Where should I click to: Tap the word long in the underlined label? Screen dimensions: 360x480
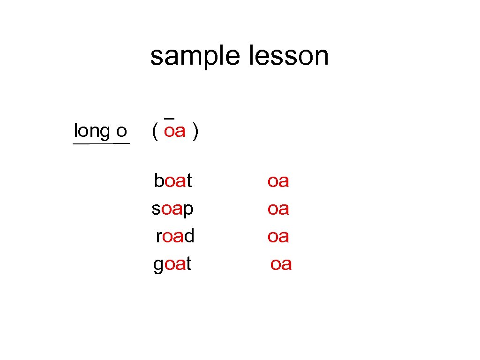tap(92, 130)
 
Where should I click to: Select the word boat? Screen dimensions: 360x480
tap(173, 180)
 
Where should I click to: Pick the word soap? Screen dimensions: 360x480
tap(172, 209)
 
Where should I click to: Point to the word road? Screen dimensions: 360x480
tap(175, 236)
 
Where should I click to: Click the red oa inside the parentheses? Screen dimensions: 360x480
tap(175, 131)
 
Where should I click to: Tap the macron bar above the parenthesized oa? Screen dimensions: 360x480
tap(170, 118)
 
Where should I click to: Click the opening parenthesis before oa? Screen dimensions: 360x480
tap(155, 131)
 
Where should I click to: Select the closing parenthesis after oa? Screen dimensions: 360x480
tap(195, 131)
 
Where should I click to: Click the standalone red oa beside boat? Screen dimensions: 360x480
tap(278, 181)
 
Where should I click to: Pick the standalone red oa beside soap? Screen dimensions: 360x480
tap(278, 209)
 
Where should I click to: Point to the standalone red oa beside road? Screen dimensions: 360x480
tap(278, 236)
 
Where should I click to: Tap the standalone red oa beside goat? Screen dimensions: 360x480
tap(281, 264)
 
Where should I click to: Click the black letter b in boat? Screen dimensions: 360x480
tap(159, 180)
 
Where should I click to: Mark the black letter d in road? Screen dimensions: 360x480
tap(189, 235)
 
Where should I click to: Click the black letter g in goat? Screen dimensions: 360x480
tap(158, 266)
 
